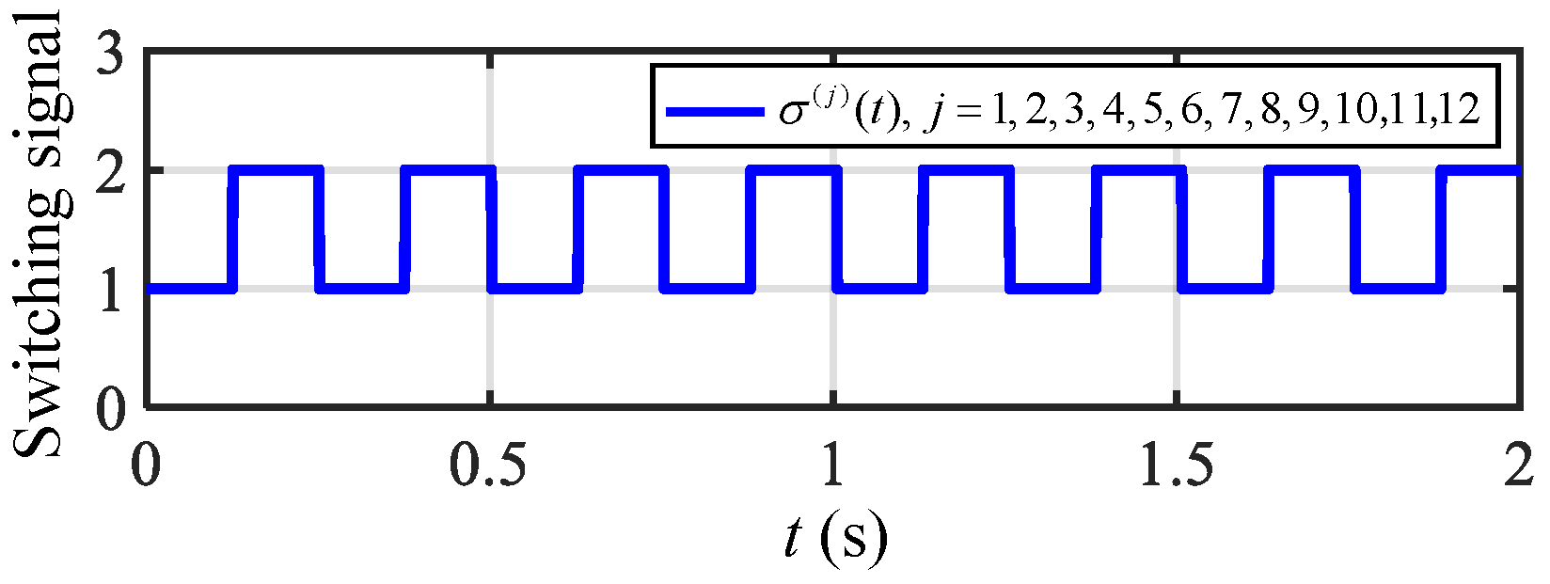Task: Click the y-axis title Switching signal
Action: pos(43,235)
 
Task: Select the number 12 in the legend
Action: pos(1459,111)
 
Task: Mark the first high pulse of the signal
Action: pos(277,170)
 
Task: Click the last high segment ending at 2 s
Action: pos(1482,170)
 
